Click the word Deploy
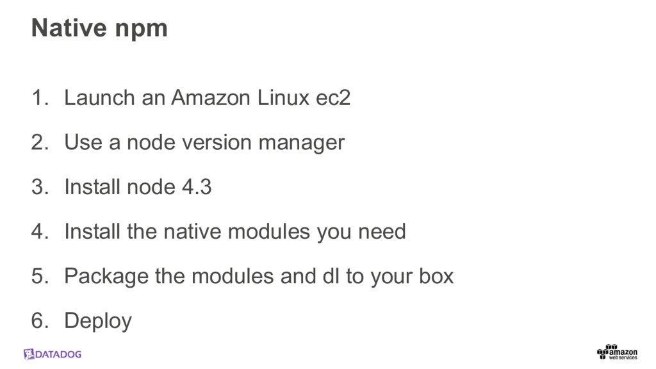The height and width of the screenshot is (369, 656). [x=98, y=321]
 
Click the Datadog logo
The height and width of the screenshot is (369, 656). [x=53, y=354]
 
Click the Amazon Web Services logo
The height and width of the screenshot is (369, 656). [x=617, y=352]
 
